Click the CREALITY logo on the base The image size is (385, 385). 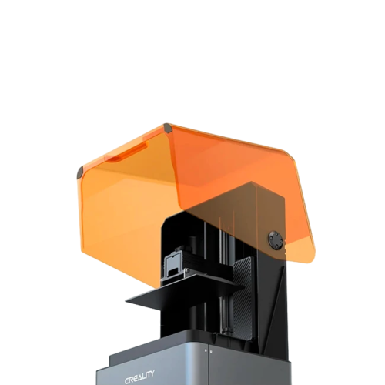tap(139, 376)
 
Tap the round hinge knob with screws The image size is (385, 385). tap(276, 240)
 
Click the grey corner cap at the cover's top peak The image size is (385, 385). tap(168, 128)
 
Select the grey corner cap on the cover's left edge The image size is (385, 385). tap(80, 172)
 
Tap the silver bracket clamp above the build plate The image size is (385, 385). tap(172, 268)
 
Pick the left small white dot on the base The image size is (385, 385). tap(206, 350)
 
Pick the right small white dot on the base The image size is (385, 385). tap(210, 351)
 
